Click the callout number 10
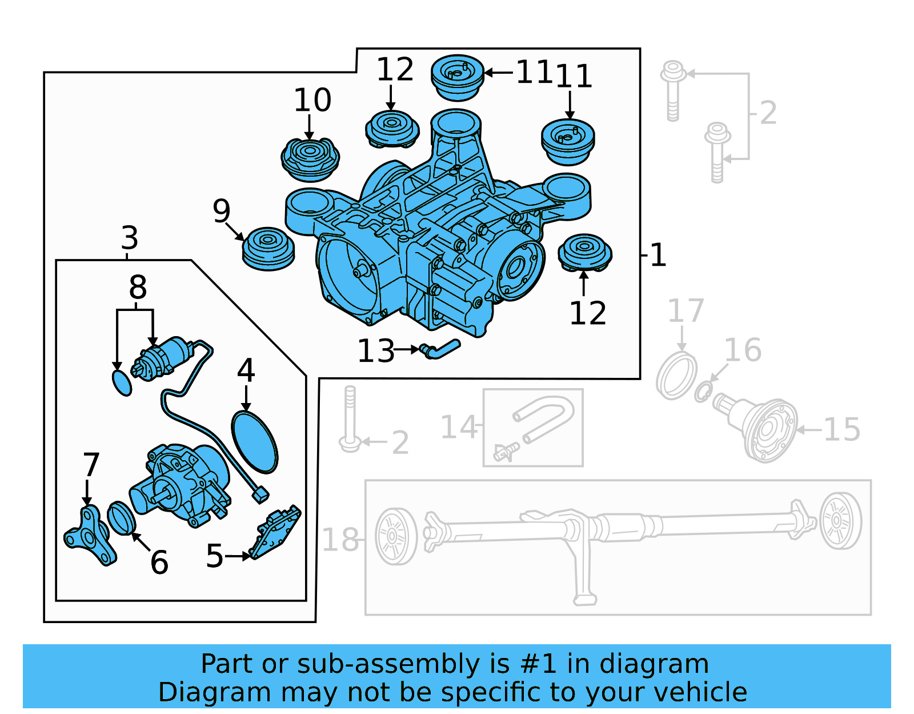pos(312,100)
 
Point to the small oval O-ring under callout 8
pos(121,382)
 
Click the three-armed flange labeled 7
pos(89,536)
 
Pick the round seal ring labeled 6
pos(121,518)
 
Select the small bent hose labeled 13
pos(440,349)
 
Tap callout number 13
pos(375,351)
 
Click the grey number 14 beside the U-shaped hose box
pos(459,428)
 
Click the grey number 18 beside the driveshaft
pos(340,540)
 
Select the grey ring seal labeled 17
pos(676,376)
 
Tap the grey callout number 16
pos(743,350)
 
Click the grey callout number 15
pos(841,430)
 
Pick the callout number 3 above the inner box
pos(130,238)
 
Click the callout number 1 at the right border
pos(658,255)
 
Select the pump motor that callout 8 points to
pos(163,357)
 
